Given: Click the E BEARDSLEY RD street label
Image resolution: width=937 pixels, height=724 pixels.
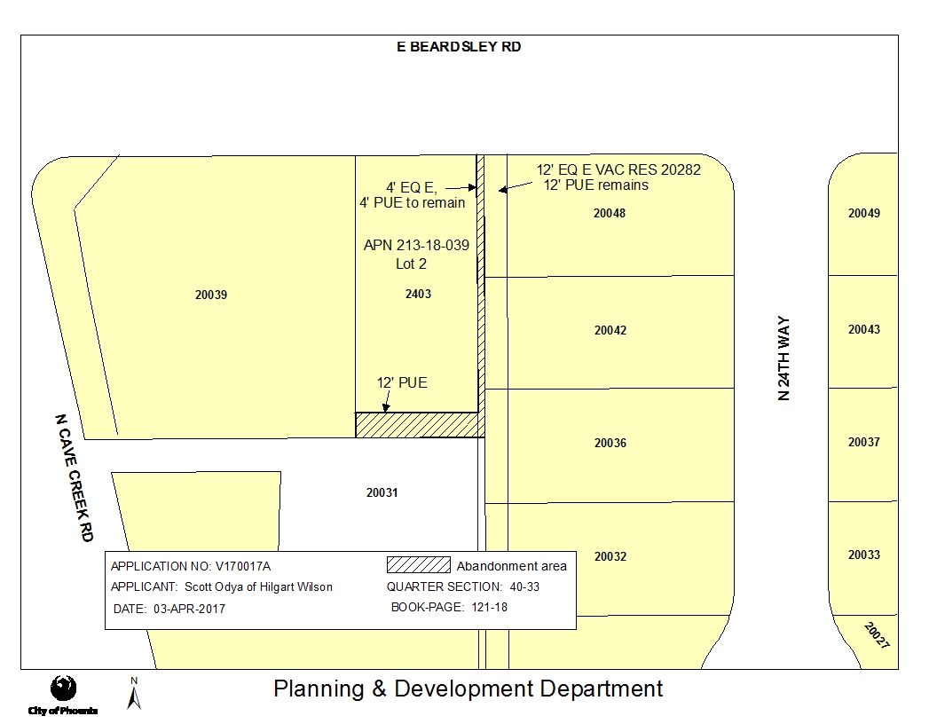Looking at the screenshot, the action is click(x=459, y=47).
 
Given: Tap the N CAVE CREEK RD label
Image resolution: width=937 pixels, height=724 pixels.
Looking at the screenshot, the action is click(x=75, y=478).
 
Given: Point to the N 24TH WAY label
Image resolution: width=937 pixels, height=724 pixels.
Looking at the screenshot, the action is click(x=784, y=358).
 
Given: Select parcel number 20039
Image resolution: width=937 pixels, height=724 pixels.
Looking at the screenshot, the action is click(x=211, y=295).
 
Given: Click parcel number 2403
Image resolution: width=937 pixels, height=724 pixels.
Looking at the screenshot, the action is click(x=418, y=294).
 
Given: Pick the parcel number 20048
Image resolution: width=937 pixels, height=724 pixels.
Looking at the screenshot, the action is click(x=610, y=213).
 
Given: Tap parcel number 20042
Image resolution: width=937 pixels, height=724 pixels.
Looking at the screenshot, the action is click(x=610, y=330).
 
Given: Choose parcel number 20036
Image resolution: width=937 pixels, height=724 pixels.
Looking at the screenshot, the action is click(x=610, y=443).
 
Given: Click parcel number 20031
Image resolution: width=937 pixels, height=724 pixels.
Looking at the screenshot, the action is click(x=382, y=492).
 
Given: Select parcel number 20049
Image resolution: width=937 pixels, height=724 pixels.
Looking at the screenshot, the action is click(x=864, y=213).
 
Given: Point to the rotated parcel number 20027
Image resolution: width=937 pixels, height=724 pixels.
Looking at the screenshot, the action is click(x=877, y=635).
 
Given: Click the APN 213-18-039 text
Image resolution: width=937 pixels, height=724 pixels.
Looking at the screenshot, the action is click(x=416, y=245).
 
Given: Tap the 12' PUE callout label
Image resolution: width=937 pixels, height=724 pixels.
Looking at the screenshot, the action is click(x=402, y=383).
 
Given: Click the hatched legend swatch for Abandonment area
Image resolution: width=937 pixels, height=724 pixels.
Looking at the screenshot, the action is click(x=418, y=565).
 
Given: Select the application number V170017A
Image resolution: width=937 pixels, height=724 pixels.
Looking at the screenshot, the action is click(x=242, y=566).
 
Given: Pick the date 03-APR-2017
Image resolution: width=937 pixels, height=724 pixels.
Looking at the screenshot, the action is click(x=189, y=609).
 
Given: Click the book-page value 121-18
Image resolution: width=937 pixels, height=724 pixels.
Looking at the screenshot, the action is click(x=490, y=607).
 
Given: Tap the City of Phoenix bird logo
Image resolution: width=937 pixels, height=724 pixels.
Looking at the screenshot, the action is click(x=63, y=689).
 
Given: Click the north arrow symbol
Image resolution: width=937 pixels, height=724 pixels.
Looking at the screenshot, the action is click(x=134, y=694).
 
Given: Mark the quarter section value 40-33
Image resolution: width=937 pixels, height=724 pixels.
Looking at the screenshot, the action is click(x=524, y=586).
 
